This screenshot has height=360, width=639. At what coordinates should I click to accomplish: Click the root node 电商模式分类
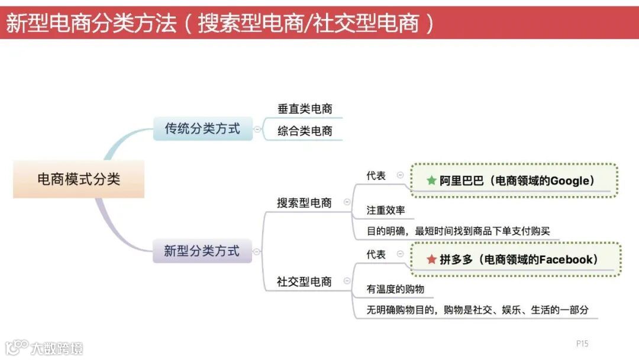point(79,179)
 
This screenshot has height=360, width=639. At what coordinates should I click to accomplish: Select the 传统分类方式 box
point(202,128)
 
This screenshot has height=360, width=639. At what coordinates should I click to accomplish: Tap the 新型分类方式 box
point(202,251)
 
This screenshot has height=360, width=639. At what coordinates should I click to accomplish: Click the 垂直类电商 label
point(305,109)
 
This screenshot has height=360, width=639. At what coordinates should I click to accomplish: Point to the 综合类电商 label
point(305,131)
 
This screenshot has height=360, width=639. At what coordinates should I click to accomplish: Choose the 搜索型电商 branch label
point(304,202)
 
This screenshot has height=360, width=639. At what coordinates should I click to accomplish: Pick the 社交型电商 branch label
point(304,281)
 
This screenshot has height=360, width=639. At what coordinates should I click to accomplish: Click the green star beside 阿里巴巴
point(431,181)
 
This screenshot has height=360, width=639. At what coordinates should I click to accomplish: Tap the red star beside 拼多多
point(431,259)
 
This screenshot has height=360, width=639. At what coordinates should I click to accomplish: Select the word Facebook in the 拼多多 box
point(566,259)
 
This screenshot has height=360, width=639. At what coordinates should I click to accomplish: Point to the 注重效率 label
point(385,210)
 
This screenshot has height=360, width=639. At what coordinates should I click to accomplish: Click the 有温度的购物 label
point(395,289)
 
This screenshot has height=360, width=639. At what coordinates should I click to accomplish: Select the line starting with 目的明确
point(458,231)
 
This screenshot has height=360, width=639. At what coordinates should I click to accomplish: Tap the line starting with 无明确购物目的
point(477,309)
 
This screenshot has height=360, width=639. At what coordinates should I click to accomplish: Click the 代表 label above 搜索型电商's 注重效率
point(376,175)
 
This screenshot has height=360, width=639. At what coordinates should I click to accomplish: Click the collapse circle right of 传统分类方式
point(257,129)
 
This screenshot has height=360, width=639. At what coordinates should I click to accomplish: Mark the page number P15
point(582,343)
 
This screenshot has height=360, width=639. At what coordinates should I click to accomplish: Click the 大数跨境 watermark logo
point(44,347)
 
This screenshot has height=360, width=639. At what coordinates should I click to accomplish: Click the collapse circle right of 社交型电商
point(347,281)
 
